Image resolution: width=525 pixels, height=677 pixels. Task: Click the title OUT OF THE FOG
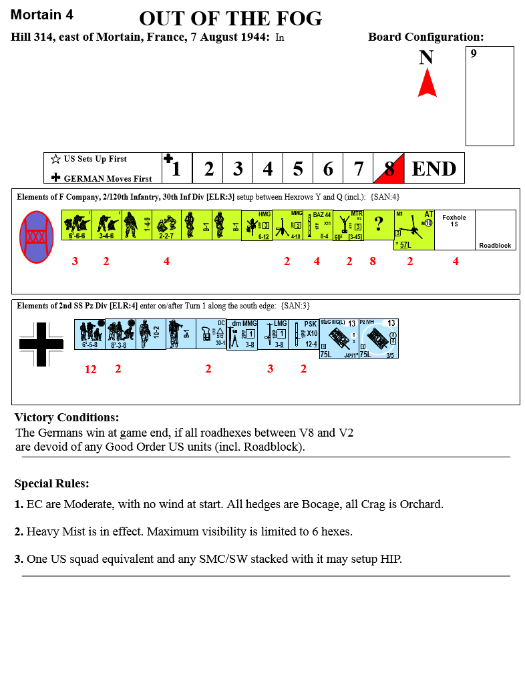tap(230, 19)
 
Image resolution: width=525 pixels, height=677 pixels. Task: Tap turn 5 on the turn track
tap(298, 168)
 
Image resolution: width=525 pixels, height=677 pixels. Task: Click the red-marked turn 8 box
tap(389, 168)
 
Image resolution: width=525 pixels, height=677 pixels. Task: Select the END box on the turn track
tap(434, 168)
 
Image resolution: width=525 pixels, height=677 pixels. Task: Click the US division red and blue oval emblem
tap(36, 236)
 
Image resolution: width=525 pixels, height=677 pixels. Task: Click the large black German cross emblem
tap(41, 345)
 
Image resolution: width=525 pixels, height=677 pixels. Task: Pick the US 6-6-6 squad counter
tap(75, 225)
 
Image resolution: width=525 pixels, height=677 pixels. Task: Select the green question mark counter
tap(378, 225)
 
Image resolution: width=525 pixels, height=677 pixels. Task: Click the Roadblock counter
tap(495, 230)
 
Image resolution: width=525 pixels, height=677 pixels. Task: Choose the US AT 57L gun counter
tap(413, 230)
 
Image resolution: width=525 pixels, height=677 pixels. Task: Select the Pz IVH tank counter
tap(378, 338)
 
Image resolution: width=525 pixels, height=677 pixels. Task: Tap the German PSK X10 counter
tap(304, 334)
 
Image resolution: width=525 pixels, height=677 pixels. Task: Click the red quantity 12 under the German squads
tap(90, 369)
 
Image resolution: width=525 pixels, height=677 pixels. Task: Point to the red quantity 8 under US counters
tap(373, 262)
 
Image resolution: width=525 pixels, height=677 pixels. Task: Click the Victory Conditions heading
tap(67, 418)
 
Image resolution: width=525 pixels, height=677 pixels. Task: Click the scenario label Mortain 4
tap(42, 15)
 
